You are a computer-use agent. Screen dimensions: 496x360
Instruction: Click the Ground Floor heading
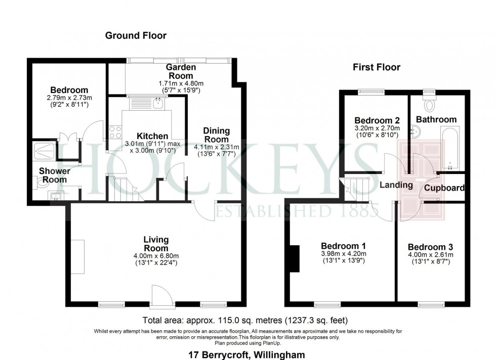coord(136,35)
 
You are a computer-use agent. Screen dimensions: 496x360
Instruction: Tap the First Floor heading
coord(377,67)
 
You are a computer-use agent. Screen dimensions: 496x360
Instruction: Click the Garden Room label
coord(181,71)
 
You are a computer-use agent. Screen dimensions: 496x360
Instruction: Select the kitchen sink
coord(157,103)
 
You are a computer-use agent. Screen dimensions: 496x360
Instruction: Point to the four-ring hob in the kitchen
coord(115,132)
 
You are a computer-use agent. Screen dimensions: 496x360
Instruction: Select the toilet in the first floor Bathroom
coord(429,103)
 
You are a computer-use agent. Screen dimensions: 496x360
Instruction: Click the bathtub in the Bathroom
coord(450,148)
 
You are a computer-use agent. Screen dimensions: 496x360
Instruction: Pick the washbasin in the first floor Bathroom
coord(416,131)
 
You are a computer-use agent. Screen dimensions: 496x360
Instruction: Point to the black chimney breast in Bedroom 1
coord(295,258)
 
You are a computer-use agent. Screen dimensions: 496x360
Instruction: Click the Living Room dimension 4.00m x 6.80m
coord(156,256)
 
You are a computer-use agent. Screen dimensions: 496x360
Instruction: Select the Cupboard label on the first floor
coord(444,188)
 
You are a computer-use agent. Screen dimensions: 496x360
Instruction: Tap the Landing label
coord(396,185)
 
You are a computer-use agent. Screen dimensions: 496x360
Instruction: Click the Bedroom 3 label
coord(430,247)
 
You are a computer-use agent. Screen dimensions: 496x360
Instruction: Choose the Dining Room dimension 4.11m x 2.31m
coord(217,147)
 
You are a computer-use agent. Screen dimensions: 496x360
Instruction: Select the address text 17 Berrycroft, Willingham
coord(247,355)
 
